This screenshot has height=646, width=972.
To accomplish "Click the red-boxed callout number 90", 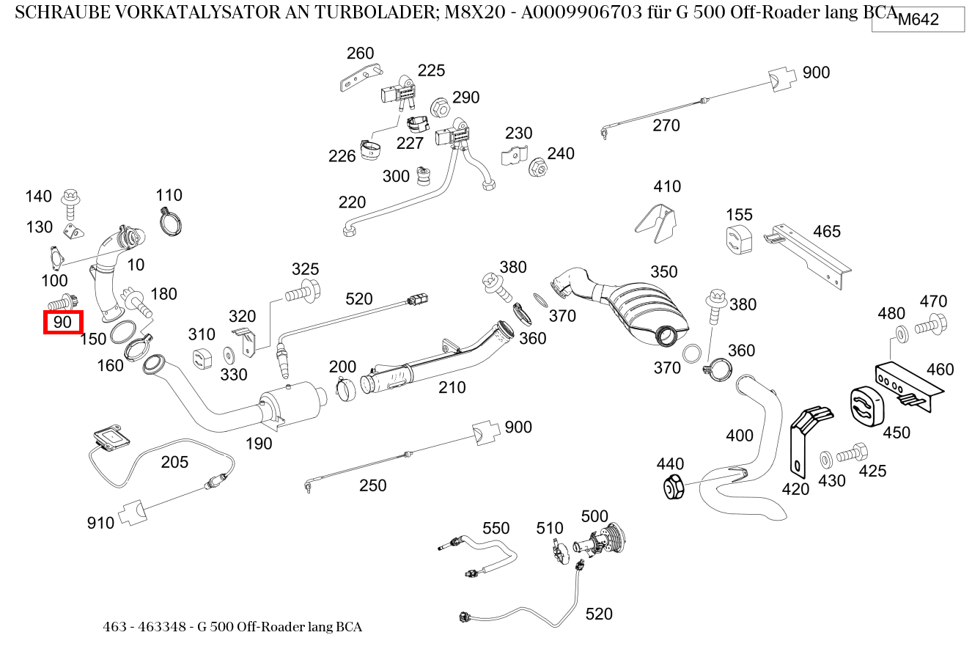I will tap(63, 322).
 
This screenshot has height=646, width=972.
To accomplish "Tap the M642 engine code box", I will tap(918, 20).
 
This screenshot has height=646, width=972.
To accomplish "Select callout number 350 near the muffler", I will tap(663, 272).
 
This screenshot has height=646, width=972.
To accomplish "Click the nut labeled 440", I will tap(673, 488).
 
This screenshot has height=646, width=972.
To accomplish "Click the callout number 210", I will tap(452, 387).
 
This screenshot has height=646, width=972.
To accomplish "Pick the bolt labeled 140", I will tap(71, 202).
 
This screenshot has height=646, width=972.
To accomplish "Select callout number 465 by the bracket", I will tap(826, 232).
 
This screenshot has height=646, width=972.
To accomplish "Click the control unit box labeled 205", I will tap(111, 438).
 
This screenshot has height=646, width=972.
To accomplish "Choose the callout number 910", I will tap(100, 523).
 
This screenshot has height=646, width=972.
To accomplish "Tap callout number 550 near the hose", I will tap(496, 528).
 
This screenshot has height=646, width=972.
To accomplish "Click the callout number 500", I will tap(594, 517).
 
